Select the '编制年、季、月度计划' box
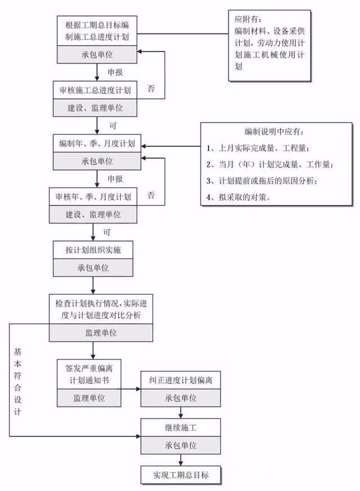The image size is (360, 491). (96, 145)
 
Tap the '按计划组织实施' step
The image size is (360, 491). (94, 249)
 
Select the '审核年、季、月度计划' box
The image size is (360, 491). (93, 197)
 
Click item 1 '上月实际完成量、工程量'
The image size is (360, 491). (261, 149)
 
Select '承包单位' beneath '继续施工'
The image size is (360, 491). (180, 445)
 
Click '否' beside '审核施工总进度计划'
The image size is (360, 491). (151, 90)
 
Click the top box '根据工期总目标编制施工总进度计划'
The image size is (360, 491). (96, 32)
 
